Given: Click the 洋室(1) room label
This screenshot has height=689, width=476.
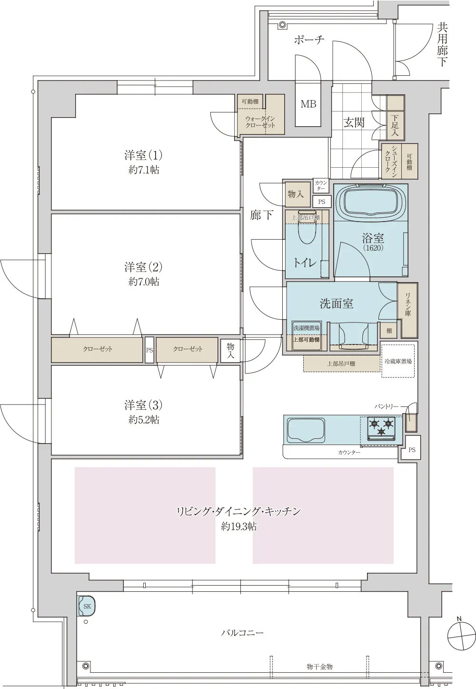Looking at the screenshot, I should pos(143,155).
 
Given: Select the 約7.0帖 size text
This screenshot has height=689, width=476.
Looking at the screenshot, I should pos(143,282).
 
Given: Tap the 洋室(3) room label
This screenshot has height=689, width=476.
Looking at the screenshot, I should pos(143,405).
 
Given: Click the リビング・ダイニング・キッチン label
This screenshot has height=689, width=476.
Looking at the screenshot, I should pos(238,512).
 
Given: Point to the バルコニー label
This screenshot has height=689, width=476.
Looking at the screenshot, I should pos(242,633).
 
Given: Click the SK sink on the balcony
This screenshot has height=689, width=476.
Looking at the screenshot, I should pos(87,606).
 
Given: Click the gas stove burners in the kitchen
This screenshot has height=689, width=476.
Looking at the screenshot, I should pos(382,426).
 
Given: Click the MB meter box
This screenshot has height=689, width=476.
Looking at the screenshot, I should pos(308,104).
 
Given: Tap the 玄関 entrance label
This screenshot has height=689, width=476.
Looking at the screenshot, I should pos(354,122).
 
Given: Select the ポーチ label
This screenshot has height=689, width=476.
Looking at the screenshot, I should pos(309,40).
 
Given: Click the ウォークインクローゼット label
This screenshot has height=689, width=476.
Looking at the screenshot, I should pos(260,122).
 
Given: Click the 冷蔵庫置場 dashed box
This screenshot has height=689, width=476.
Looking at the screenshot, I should pos(397,361).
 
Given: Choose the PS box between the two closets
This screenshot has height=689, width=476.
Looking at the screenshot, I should pos(149,349).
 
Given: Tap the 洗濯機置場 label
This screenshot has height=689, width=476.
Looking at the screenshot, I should pos(306,328).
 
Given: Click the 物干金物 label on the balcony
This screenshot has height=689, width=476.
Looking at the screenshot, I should pos(319,666).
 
